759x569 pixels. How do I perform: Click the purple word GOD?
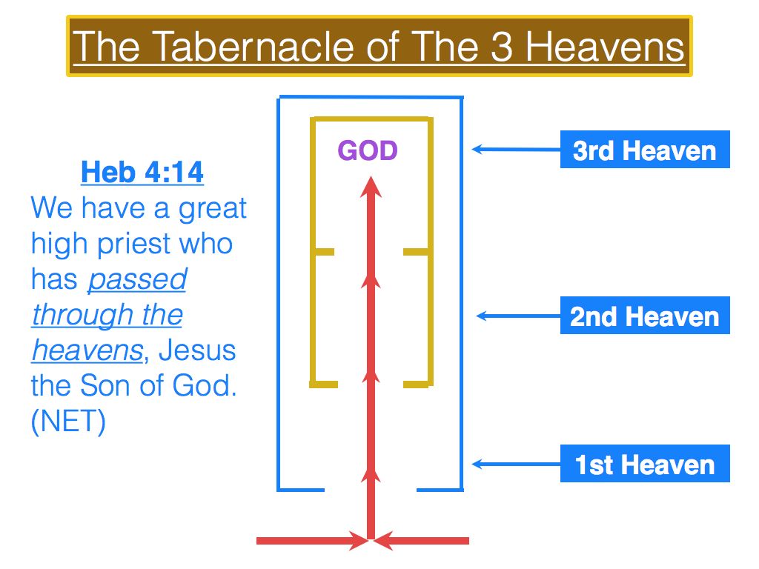tap(368, 150)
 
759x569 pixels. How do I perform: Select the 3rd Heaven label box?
tap(645, 150)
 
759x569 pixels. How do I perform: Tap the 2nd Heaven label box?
tap(645, 316)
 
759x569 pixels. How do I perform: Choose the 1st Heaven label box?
tap(645, 464)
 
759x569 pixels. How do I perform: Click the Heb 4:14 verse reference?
tap(142, 172)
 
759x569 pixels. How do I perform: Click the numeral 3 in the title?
tap(502, 47)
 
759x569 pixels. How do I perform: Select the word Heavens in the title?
tap(605, 47)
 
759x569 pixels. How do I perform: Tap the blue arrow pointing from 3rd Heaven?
tap(516, 150)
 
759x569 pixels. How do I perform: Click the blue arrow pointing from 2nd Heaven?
tap(518, 316)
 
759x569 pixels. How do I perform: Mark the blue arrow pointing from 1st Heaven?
tap(516, 464)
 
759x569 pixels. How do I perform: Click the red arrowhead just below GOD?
tap(371, 187)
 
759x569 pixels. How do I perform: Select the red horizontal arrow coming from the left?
tap(313, 541)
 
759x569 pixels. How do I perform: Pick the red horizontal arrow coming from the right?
tap(421, 541)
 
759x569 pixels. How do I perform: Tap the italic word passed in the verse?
tap(137, 279)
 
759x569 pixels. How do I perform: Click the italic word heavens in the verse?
tap(87, 350)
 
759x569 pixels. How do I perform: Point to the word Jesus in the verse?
tap(197, 350)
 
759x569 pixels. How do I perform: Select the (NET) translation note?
tap(68, 421)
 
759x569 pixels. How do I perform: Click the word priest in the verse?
tap(127, 244)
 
